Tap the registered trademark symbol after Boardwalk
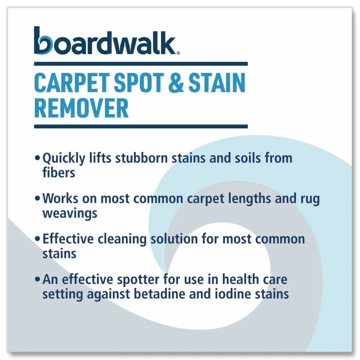tap(178, 53)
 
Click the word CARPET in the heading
tap(72, 83)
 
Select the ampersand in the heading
tap(176, 83)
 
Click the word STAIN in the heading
tap(217, 83)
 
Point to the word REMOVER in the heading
tap(81, 108)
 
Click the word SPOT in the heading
tap(139, 83)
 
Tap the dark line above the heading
tap(141, 63)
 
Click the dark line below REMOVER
tap(141, 127)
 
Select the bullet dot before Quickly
tap(37, 158)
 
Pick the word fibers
tap(59, 173)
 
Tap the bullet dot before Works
tap(37, 199)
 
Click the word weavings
tap(70, 213)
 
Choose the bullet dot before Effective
tap(37, 239)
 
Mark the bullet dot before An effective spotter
tap(37, 279)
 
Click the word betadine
tap(160, 294)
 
